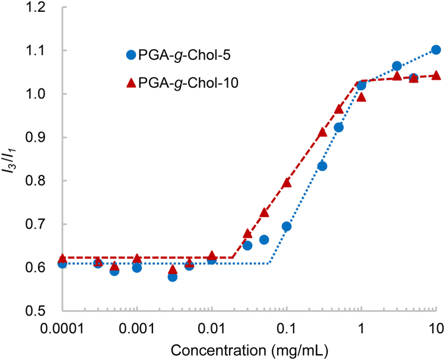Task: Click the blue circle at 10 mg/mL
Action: coord(436,50)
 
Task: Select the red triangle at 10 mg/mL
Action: coord(436,75)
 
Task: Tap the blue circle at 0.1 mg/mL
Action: coord(287,226)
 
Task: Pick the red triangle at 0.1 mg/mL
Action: coord(287,183)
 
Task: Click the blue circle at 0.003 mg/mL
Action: coord(173,276)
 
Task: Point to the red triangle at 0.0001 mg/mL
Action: coord(62,259)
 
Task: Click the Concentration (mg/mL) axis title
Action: coord(249,348)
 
